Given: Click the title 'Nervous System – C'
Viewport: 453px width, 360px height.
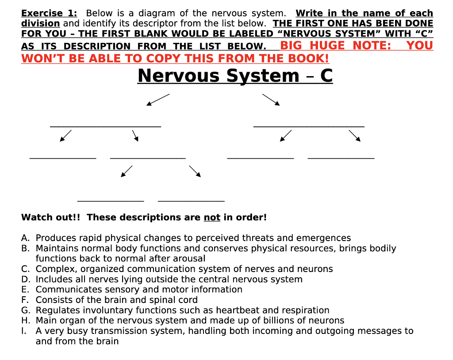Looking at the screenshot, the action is tap(235, 76).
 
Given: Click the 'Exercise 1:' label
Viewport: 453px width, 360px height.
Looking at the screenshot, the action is tap(49, 13).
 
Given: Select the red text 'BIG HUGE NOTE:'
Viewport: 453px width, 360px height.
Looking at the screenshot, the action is tap(336, 46).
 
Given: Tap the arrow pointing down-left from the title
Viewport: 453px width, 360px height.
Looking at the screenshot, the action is tap(158, 100).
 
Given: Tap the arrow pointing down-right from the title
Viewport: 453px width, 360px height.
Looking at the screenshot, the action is tap(271, 100).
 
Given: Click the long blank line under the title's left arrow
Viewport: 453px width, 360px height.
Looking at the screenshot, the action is tap(105, 127).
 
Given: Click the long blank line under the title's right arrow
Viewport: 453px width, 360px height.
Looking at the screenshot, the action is tap(309, 127).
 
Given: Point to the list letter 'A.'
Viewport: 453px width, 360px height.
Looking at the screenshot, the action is tap(25, 238).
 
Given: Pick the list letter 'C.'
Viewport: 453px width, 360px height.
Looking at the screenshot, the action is tap(25, 269).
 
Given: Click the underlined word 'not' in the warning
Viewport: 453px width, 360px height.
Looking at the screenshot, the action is tap(212, 218).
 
